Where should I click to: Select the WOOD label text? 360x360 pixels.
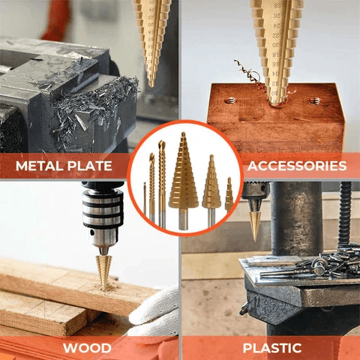click(88, 348)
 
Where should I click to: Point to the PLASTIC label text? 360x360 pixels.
click(271, 348)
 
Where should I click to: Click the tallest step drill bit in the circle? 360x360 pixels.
click(181, 177)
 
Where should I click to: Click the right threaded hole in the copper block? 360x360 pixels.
click(316, 100)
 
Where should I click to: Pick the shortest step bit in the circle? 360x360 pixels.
click(229, 196)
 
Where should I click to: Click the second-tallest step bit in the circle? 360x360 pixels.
click(211, 185)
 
